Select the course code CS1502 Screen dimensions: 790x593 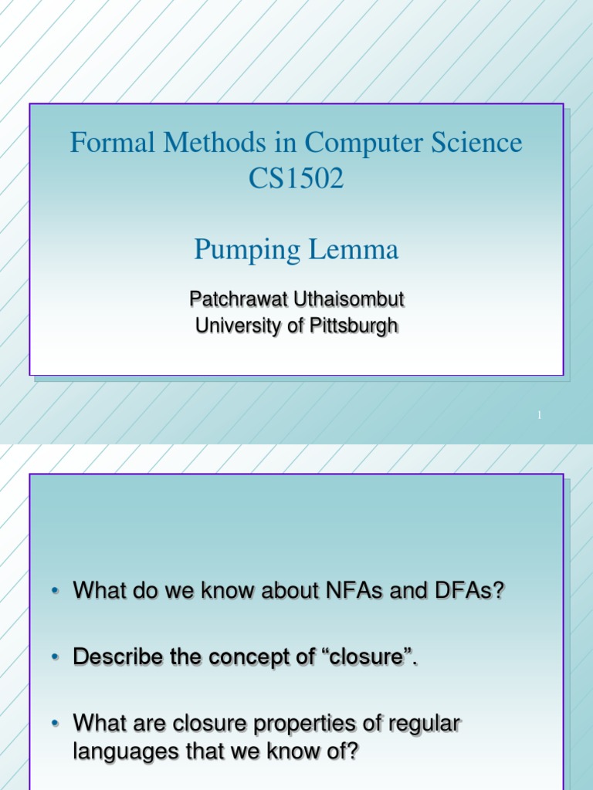(296, 180)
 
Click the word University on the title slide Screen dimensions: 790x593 (232, 326)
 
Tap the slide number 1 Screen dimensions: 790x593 (540, 416)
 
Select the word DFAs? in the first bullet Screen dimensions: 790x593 (469, 591)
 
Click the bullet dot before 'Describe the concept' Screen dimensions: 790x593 (56, 657)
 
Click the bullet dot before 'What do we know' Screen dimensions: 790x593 (56, 592)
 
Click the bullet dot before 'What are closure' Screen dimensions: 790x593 (56, 724)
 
